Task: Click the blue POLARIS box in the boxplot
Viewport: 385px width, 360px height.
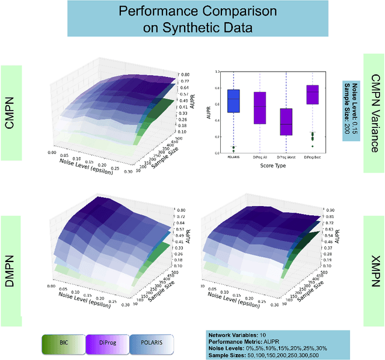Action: coord(234,96)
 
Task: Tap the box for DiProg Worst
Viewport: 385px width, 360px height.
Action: coord(286,122)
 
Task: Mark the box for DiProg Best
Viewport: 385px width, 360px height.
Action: coord(312,94)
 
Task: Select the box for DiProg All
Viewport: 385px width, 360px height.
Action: coord(260,108)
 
